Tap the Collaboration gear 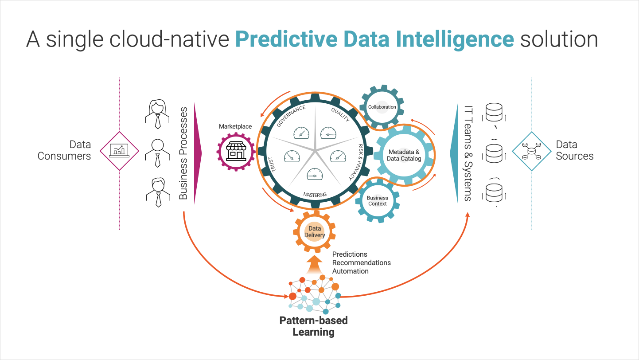382,107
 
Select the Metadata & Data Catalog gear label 404,155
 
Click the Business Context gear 378,201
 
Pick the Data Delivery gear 315,232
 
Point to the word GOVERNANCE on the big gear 291,116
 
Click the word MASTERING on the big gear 315,195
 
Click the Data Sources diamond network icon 531,151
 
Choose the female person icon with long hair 157,113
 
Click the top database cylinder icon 494,113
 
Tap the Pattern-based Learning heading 313,326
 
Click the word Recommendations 362,262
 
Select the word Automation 350,271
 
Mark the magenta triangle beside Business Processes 198,153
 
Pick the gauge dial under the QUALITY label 328,133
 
